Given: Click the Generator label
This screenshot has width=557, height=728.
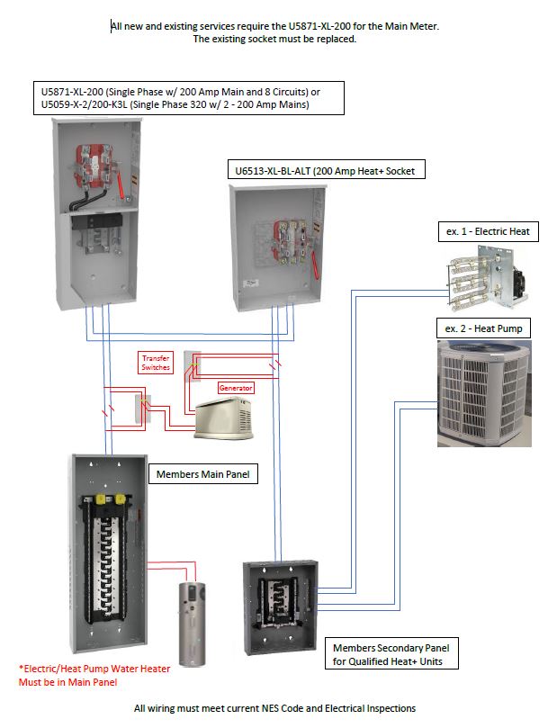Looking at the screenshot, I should point(236,388).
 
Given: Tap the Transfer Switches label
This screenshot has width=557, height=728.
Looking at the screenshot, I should point(156,363).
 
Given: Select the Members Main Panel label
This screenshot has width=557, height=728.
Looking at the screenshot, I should point(203,473).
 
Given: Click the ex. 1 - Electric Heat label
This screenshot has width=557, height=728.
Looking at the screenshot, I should point(487,231).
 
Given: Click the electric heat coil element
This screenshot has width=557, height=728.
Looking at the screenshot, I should point(477,277).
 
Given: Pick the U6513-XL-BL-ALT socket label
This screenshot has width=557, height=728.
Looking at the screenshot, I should point(311,170).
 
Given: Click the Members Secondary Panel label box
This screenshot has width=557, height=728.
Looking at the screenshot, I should point(391,654).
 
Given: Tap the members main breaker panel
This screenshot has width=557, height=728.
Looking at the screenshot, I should point(110,556).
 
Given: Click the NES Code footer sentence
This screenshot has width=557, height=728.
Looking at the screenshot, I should point(274,708).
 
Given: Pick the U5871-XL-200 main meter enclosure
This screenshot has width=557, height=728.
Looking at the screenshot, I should point(95,211).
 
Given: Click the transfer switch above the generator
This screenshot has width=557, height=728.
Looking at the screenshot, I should point(191,362).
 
